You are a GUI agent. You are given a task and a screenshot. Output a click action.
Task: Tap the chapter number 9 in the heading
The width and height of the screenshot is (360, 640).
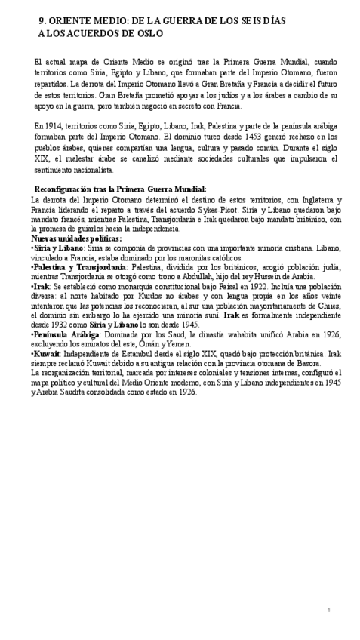(42, 21)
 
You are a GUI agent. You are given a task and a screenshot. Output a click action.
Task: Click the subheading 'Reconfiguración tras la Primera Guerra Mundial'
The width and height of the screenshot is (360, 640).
(109, 189)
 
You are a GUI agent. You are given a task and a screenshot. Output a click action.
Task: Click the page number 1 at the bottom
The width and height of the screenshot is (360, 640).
(329, 609)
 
